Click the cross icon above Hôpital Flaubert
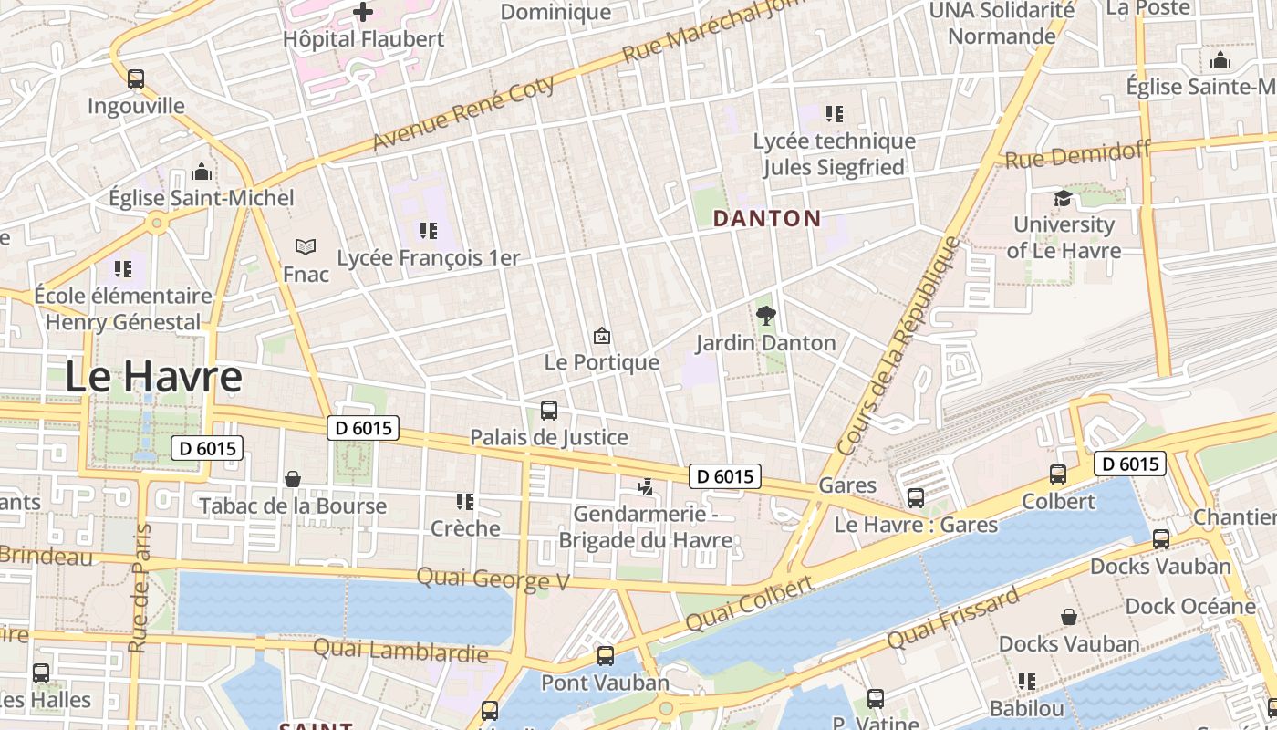pyautogui.click(x=363, y=12)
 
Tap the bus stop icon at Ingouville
pyautogui.click(x=136, y=79)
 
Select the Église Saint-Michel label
pyautogui.click(x=201, y=198)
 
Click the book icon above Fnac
pyautogui.click(x=306, y=246)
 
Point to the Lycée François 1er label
pyautogui.click(x=428, y=258)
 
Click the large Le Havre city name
pyautogui.click(x=153, y=377)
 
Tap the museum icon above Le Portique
pyautogui.click(x=601, y=336)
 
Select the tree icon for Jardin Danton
pyautogui.click(x=766, y=316)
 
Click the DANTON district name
pyautogui.click(x=766, y=219)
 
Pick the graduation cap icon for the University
pyautogui.click(x=1063, y=199)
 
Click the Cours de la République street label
pyautogui.click(x=899, y=346)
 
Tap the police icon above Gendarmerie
pyautogui.click(x=646, y=487)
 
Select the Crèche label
pyautogui.click(x=465, y=528)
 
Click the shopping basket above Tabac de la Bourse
pyautogui.click(x=293, y=479)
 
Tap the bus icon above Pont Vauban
pyautogui.click(x=605, y=656)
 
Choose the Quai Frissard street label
pyautogui.click(x=952, y=619)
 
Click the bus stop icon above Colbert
pyautogui.click(x=1058, y=474)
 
